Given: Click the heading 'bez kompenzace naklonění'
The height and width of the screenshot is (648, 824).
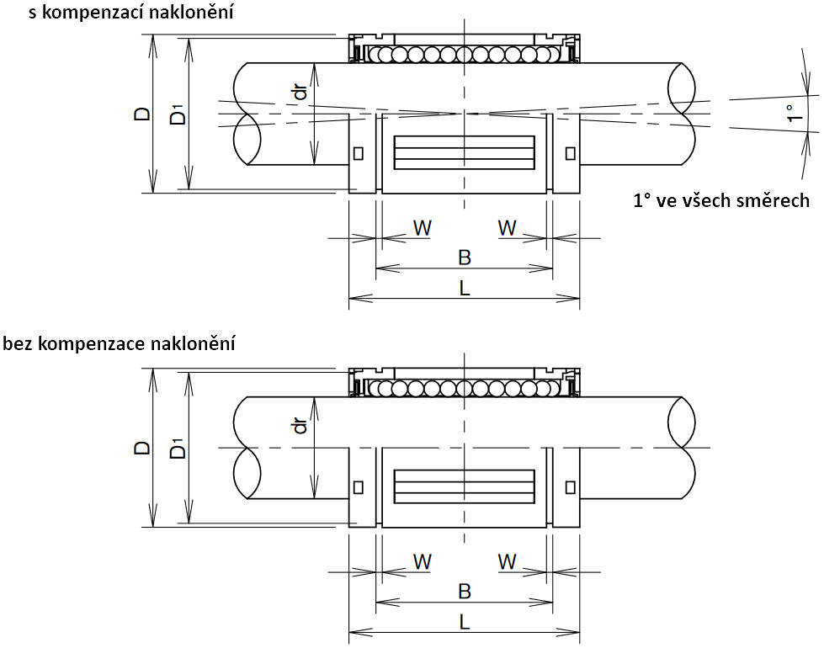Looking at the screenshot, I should [119, 343].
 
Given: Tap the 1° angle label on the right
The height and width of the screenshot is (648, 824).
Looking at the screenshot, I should [790, 114].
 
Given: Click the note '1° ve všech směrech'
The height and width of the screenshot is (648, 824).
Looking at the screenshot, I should [720, 200].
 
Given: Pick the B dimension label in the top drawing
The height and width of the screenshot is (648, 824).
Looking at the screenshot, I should [464, 258].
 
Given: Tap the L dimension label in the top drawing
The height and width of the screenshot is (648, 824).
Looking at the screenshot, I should [464, 287].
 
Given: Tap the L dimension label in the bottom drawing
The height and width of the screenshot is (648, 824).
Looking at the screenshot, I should [464, 621].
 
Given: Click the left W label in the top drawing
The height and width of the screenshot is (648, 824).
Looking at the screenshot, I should [423, 227].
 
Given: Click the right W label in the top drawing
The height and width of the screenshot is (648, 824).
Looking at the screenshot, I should [507, 227].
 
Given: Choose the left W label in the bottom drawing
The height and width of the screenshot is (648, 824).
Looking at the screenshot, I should [423, 561].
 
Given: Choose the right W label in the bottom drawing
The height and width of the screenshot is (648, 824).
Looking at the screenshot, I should [507, 561].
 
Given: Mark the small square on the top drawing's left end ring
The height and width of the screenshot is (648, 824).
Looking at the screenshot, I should [359, 153].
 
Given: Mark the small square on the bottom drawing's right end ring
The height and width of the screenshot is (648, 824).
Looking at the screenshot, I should [571, 487].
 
